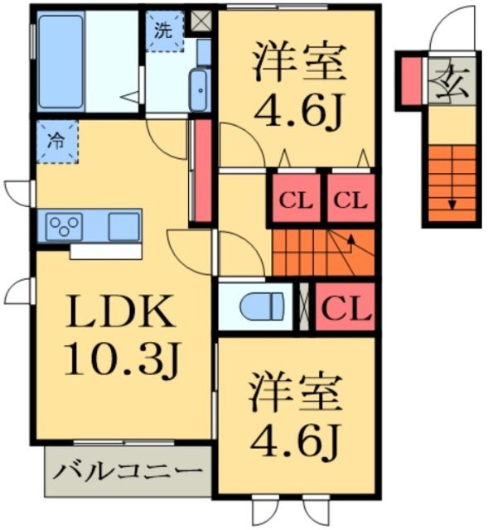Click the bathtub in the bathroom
(x=60, y=61)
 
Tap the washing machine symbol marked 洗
(x=165, y=31)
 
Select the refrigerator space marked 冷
(x=57, y=142)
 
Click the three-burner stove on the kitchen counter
(x=65, y=226)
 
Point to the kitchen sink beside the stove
(x=123, y=227)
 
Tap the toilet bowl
(x=261, y=306)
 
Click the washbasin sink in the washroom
(x=199, y=90)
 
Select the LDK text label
(x=120, y=311)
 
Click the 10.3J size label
(x=122, y=361)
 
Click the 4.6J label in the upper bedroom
(x=298, y=110)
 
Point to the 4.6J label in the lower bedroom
(x=295, y=442)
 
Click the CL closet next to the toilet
(x=345, y=306)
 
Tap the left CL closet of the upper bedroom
(x=297, y=198)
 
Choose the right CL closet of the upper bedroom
(x=351, y=198)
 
